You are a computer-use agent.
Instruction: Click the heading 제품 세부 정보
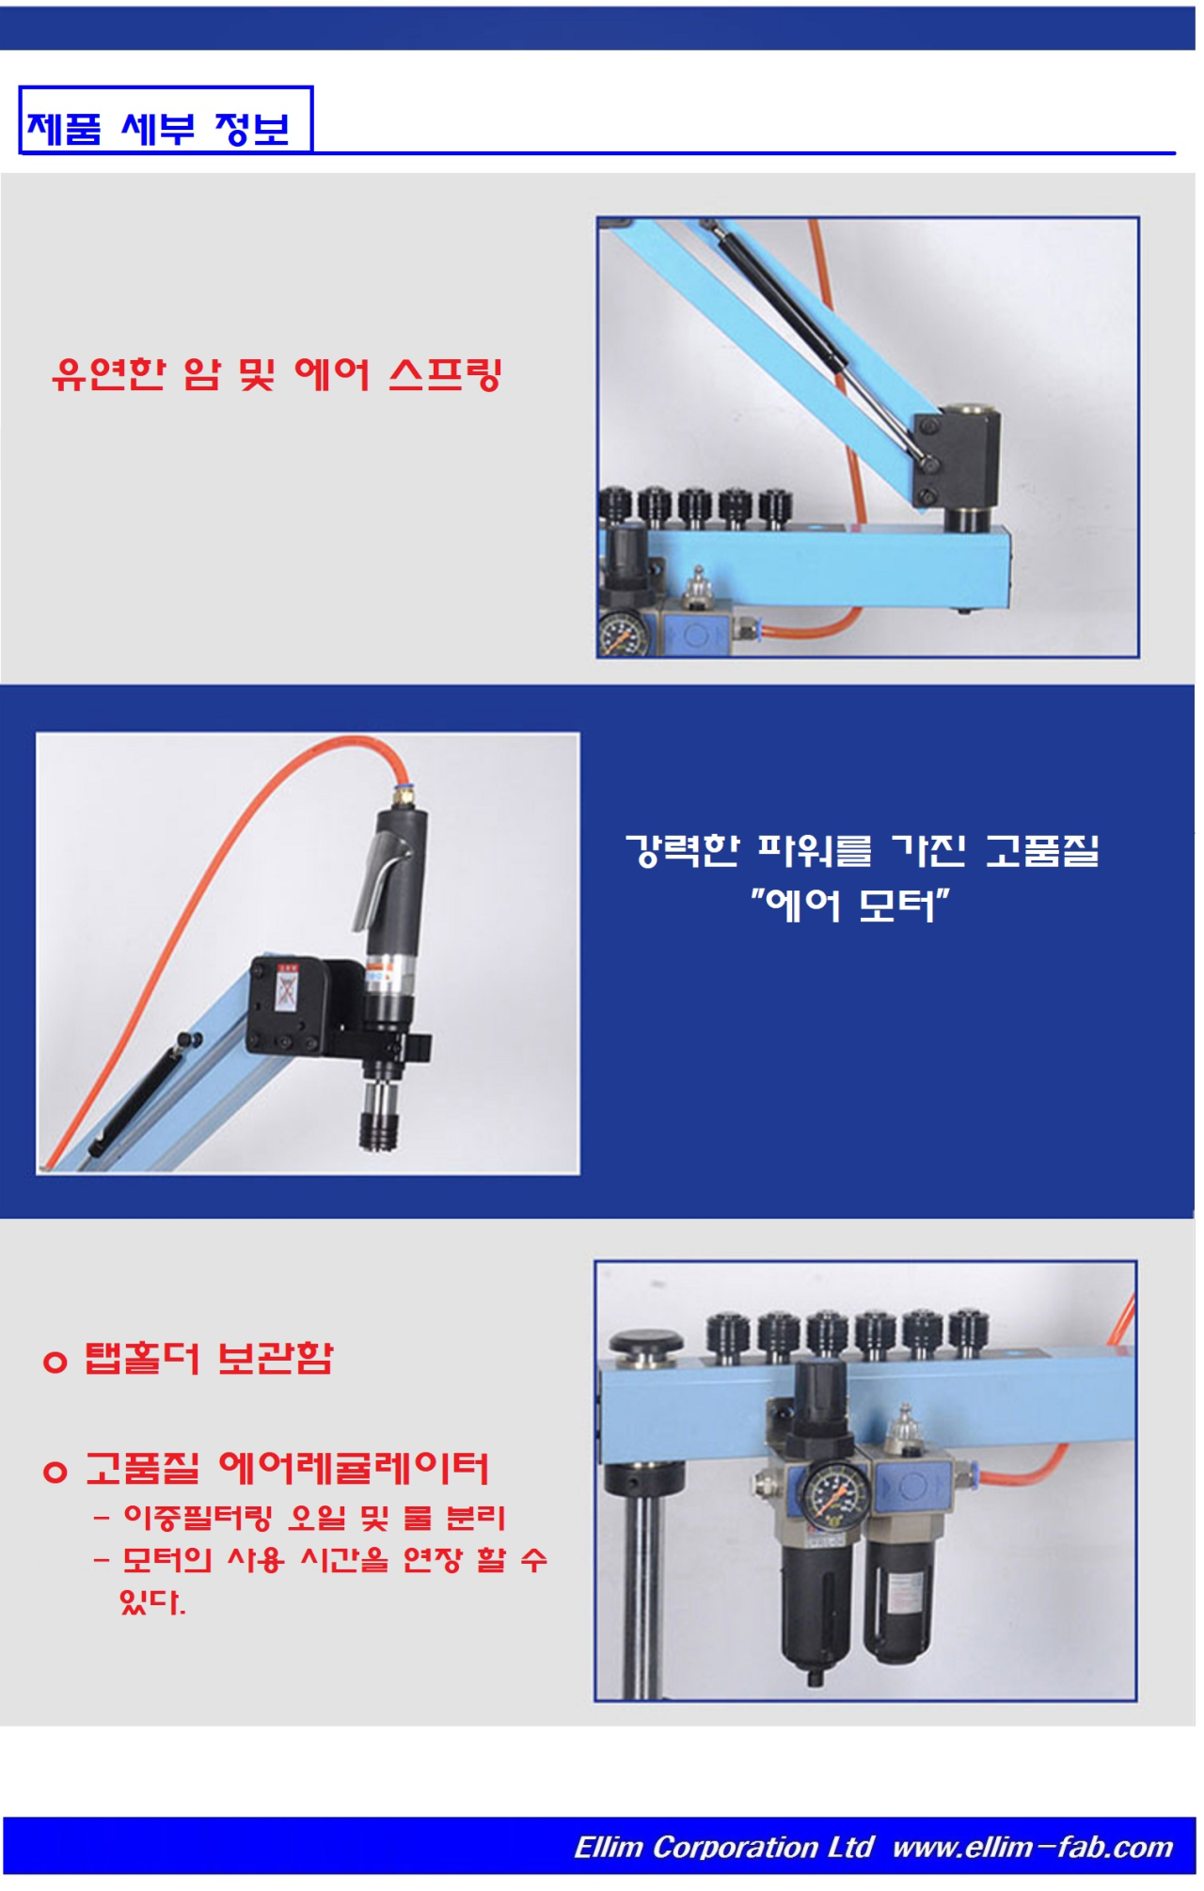pyautogui.click(x=158, y=129)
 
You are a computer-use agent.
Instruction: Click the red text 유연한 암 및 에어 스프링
pyautogui.click(x=277, y=374)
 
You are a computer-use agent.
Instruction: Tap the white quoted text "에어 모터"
pyautogui.click(x=850, y=906)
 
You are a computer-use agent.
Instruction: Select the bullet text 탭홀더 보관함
pyautogui.click(x=209, y=1358)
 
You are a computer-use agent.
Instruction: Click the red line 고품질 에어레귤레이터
pyautogui.click(x=288, y=1468)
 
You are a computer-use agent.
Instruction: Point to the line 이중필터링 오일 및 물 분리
pyautogui.click(x=314, y=1517)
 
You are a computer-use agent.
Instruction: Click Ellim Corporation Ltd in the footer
pyautogui.click(x=724, y=1847)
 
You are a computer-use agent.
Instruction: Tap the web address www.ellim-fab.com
pyautogui.click(x=1033, y=1847)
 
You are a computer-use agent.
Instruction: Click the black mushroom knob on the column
pyautogui.click(x=645, y=1344)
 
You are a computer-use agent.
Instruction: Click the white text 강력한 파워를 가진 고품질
pyautogui.click(x=863, y=850)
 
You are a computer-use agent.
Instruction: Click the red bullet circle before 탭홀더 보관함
pyautogui.click(x=55, y=1361)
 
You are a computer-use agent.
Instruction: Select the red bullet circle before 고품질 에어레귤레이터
pyautogui.click(x=55, y=1471)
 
